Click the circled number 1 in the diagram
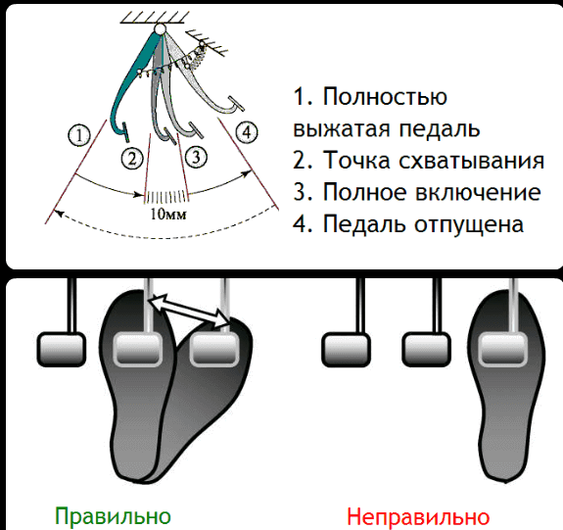coord(79,135)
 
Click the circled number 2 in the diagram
coord(132,158)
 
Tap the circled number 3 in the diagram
coord(196,157)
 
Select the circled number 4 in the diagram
coord(247,132)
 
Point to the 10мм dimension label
coord(168,215)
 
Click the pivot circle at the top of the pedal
coord(160,28)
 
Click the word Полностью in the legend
coord(385,97)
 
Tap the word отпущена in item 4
coord(469,224)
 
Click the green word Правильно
coord(113,516)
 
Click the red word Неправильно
coord(418,516)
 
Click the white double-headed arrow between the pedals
coord(190,311)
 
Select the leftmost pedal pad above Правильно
coord(62,350)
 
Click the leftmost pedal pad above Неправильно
coord(346,350)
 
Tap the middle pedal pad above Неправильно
coord(426,350)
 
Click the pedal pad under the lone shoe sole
coord(503,350)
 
